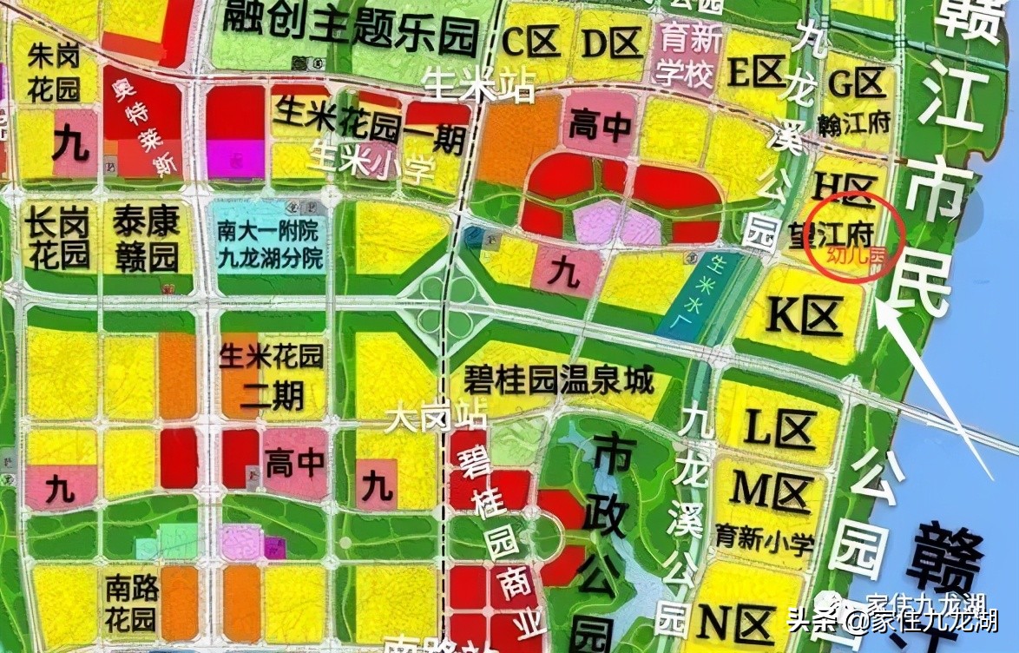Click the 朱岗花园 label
54,73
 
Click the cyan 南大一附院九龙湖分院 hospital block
268,244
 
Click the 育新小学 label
765,539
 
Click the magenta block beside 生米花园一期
236,159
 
